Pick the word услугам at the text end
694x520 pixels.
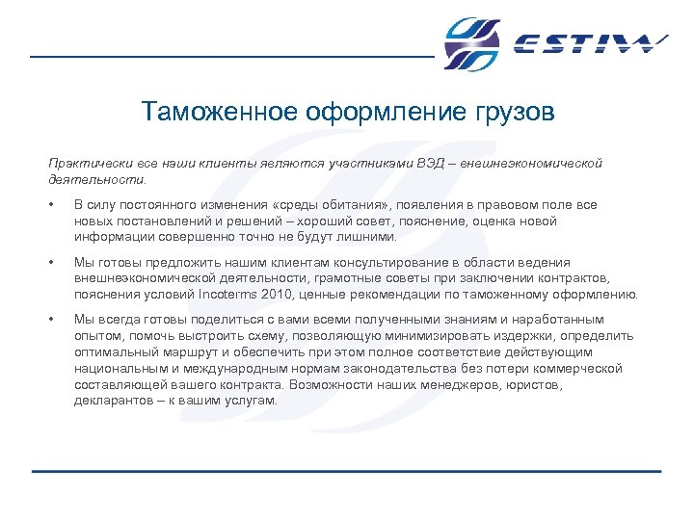(x=250, y=401)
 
